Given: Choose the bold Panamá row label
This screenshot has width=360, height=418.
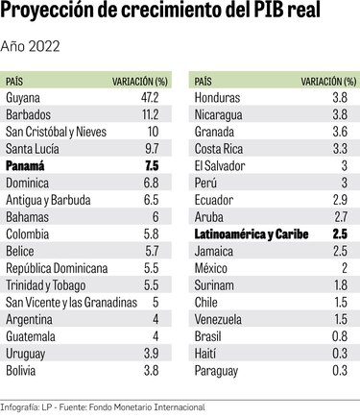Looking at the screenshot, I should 26,165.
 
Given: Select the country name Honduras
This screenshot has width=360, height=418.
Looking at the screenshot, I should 219,98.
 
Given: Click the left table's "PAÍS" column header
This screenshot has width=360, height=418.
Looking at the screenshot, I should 16,81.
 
